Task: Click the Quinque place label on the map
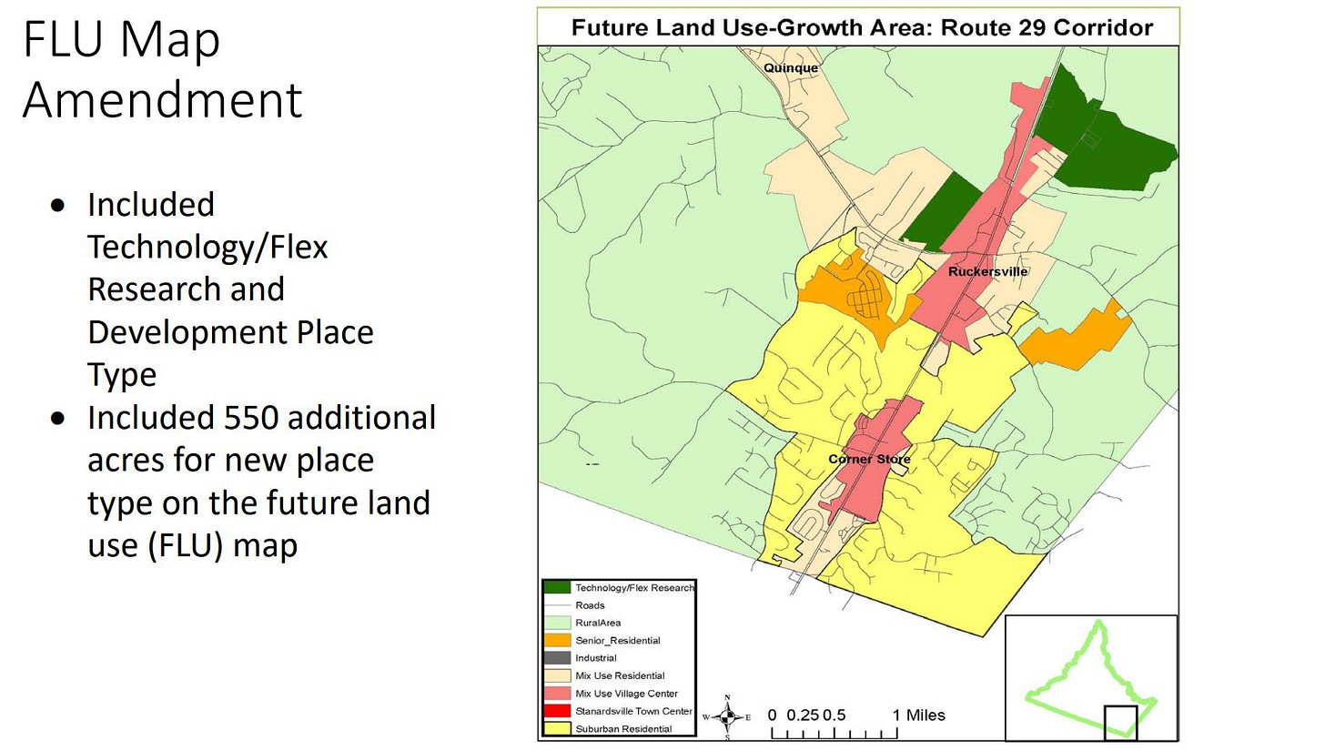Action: (790, 68)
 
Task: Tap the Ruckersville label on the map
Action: (987, 271)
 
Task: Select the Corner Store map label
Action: (868, 459)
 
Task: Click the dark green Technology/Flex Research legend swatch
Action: (557, 587)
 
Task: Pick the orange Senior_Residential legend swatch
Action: (557, 640)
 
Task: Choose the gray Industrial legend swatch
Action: (557, 658)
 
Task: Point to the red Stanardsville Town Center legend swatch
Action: (557, 711)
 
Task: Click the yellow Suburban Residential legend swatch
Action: (557, 728)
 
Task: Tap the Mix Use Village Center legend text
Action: (626, 694)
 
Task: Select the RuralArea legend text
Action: (598, 623)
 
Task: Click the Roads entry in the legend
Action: (590, 605)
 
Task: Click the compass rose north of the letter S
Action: (727, 716)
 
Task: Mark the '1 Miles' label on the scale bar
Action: (918, 715)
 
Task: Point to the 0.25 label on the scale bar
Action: (802, 715)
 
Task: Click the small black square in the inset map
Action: (1120, 722)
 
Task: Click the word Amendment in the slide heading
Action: (162, 100)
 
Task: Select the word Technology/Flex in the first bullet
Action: (207, 247)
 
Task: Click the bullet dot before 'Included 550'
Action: (59, 419)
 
